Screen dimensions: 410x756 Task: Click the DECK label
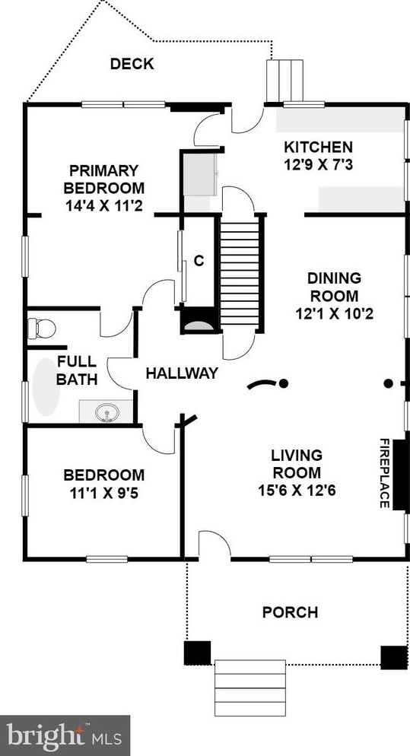tap(132, 64)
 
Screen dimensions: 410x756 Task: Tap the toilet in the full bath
tap(42, 329)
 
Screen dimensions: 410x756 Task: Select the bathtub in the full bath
tap(46, 386)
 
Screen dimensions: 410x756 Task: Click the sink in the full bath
tap(106, 413)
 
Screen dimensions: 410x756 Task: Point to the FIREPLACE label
tap(384, 473)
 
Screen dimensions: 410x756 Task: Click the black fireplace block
tap(400, 475)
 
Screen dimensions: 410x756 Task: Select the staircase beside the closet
tap(240, 273)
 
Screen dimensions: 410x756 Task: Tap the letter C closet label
tap(199, 260)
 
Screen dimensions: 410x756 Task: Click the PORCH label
tap(290, 612)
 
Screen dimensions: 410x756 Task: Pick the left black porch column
tap(197, 653)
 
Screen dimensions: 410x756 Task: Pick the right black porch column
tap(394, 657)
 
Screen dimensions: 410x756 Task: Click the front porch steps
tap(249, 688)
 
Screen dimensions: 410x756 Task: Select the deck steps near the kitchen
tap(285, 81)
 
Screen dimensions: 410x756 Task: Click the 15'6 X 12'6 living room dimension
tap(297, 491)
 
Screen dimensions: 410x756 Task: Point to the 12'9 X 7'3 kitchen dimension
tap(319, 165)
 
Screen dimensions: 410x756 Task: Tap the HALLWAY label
tap(182, 373)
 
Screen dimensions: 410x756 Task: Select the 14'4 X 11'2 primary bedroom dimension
tap(103, 206)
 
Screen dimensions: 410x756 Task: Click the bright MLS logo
tap(65, 735)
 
